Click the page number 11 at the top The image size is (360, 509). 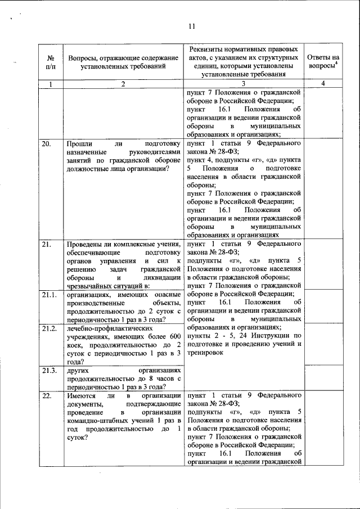[x=191, y=26]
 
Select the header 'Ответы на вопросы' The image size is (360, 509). [x=323, y=62]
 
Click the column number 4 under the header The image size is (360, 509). [x=323, y=84]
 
